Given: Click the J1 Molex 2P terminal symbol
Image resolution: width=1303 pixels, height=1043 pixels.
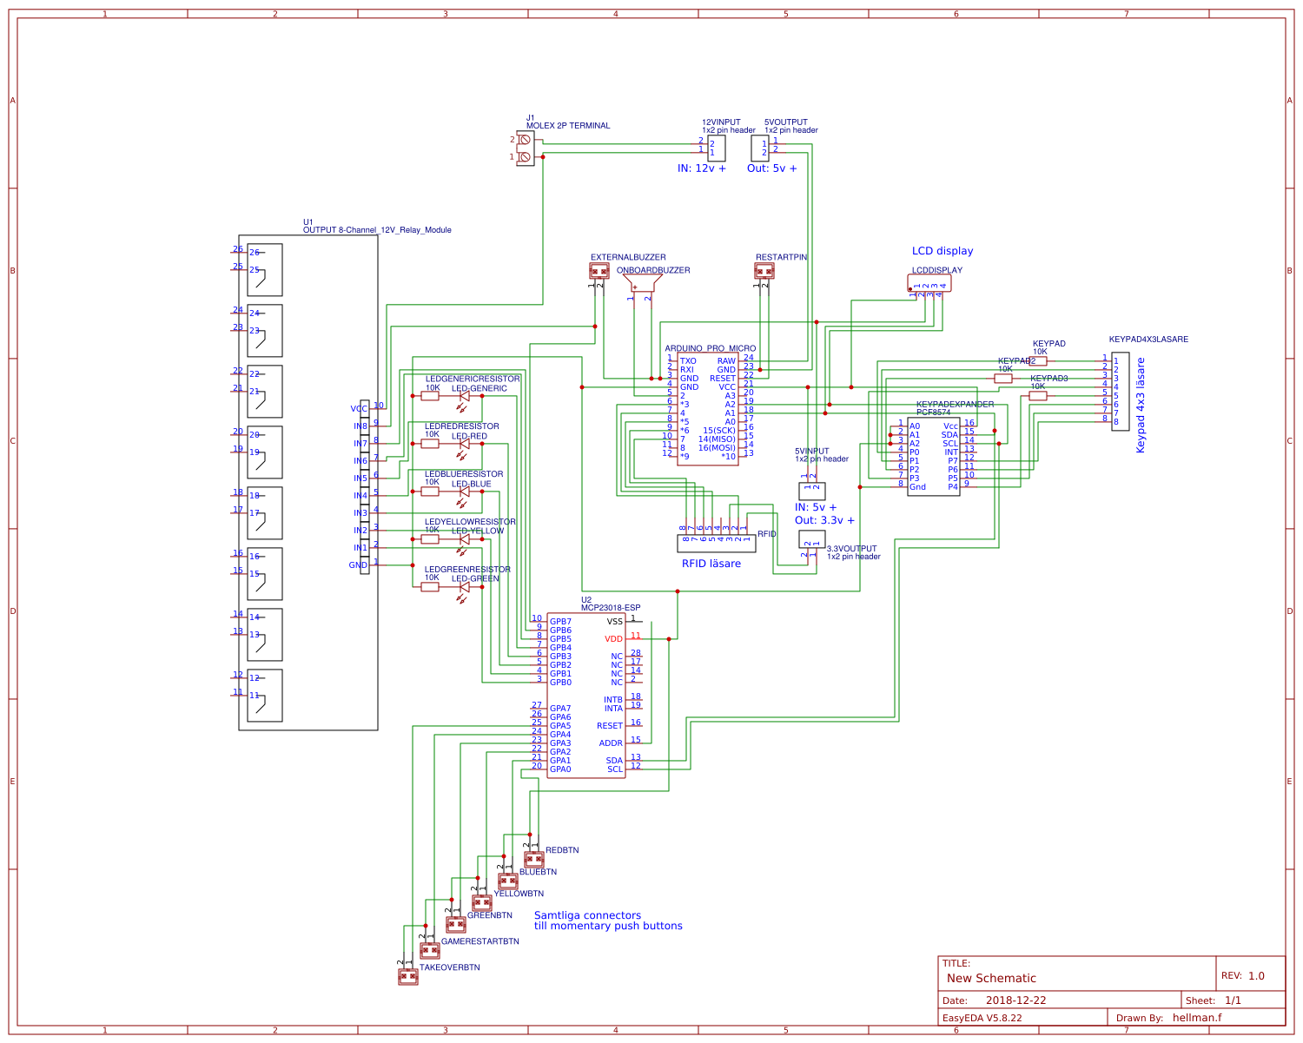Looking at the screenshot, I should pyautogui.click(x=525, y=149).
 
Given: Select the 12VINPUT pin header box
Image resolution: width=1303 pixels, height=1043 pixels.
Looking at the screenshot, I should pyautogui.click(x=717, y=148).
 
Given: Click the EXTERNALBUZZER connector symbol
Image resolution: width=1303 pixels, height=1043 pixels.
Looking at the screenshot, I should pyautogui.click(x=599, y=271).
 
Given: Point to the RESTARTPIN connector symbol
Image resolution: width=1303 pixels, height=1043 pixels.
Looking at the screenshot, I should pyautogui.click(x=764, y=271).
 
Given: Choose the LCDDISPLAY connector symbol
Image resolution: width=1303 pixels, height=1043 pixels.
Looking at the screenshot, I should pyautogui.click(x=929, y=283).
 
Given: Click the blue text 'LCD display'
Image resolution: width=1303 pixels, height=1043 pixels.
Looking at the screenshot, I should pyautogui.click(x=942, y=251).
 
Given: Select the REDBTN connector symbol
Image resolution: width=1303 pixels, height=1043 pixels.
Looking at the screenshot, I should pyautogui.click(x=533, y=860).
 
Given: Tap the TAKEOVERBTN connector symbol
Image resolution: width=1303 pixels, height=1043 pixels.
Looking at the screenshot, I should pyautogui.click(x=407, y=977).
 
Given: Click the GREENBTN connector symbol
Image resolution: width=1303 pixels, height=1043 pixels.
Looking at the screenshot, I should pyautogui.click(x=455, y=925).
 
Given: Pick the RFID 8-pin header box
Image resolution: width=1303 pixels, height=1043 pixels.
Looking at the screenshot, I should pyautogui.click(x=716, y=544).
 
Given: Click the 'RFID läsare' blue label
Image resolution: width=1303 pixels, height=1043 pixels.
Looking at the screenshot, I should pyautogui.click(x=711, y=564).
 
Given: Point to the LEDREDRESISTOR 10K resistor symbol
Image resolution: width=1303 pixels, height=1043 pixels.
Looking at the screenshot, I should pyautogui.click(x=430, y=444).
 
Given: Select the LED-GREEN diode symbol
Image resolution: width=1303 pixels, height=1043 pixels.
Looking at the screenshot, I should pyautogui.click(x=464, y=587).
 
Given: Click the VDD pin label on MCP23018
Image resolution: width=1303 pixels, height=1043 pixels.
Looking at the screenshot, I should pyautogui.click(x=614, y=639).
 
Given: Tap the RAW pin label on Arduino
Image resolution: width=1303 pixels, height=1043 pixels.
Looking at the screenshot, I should pyautogui.click(x=726, y=361).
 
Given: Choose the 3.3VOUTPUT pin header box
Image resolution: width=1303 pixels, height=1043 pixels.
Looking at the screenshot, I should pyautogui.click(x=811, y=539).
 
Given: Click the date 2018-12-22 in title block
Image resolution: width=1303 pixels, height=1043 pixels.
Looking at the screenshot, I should pyautogui.click(x=1015, y=1000).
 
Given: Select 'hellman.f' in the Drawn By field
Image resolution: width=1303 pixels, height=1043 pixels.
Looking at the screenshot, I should pyautogui.click(x=1196, y=1018).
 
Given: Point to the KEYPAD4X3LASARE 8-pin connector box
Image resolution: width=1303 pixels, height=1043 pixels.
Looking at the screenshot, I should pyautogui.click(x=1121, y=392).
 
